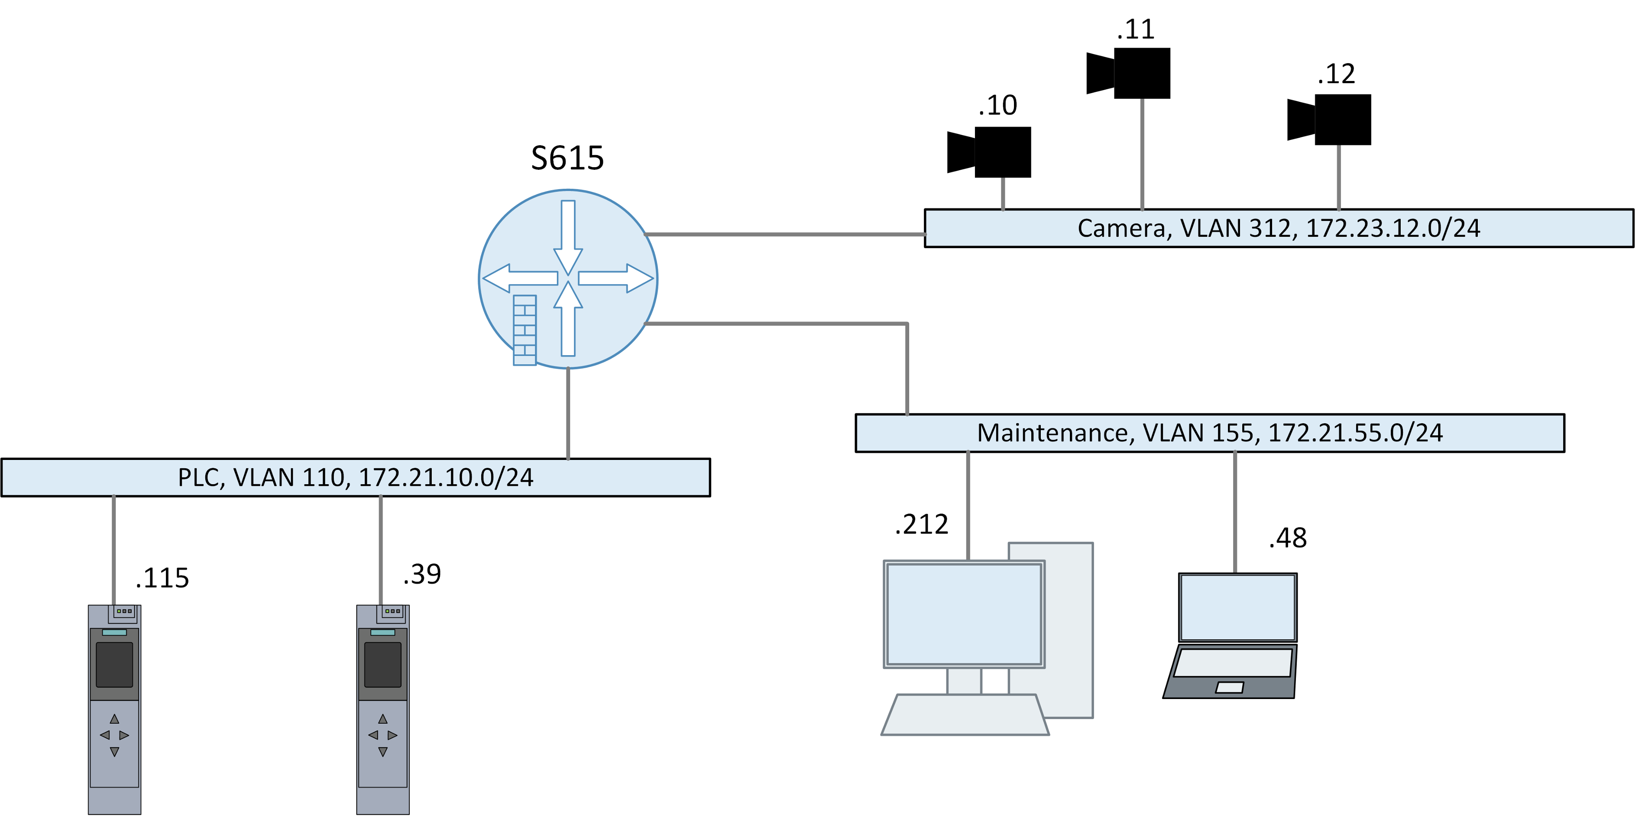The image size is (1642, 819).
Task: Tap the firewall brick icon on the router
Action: coord(525,330)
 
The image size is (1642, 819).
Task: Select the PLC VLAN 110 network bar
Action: coord(355,477)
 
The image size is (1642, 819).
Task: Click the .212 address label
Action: coord(922,524)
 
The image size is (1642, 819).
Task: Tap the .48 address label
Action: coord(1288,538)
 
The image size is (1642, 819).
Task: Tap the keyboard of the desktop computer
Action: coord(965,715)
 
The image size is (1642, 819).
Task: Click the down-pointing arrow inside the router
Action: coord(568,236)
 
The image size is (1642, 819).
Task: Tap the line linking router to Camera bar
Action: coord(784,235)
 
